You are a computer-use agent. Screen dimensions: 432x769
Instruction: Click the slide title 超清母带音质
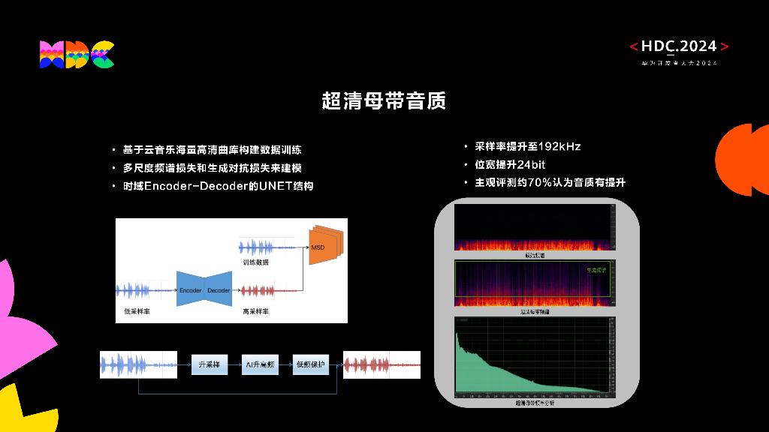tap(384, 100)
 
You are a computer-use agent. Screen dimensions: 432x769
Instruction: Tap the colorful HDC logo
tap(77, 55)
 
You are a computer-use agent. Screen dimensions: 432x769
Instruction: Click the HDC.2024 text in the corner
tap(679, 46)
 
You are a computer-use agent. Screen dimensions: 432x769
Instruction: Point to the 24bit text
tap(531, 164)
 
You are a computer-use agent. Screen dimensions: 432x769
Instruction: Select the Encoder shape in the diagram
tap(190, 290)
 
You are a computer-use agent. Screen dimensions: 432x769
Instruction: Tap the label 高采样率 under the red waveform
tap(255, 310)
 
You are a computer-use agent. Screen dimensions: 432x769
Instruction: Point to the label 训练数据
tap(255, 262)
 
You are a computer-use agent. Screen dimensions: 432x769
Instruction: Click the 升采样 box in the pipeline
tap(209, 364)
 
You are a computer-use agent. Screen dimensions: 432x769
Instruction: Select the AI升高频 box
tap(260, 364)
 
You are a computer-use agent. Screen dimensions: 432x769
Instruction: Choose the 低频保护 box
tap(310, 364)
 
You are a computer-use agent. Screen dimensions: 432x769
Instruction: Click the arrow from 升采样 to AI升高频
tap(234, 364)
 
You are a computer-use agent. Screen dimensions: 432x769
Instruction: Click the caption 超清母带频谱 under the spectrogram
tap(535, 311)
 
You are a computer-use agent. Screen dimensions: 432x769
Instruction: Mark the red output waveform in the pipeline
tap(381, 364)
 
